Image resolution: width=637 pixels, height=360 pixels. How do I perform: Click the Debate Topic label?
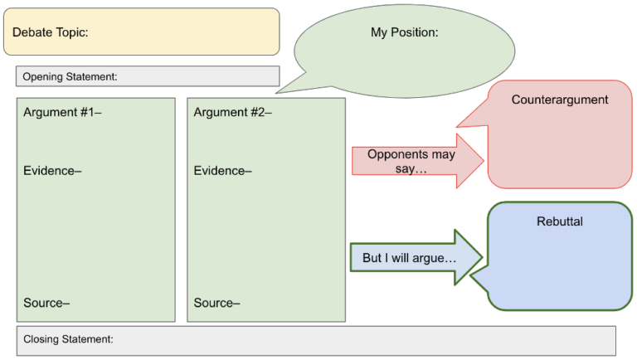[x=50, y=32]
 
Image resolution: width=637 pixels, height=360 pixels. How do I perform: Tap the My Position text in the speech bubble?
[x=404, y=32]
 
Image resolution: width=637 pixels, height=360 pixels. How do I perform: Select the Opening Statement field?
[x=147, y=76]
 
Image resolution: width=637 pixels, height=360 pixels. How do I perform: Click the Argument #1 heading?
[x=62, y=112]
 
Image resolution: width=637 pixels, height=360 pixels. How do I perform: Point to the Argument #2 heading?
[x=233, y=112]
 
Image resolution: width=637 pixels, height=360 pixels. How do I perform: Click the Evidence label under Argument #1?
[x=52, y=171]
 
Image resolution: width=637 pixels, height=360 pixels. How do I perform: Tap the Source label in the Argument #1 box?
[x=46, y=303]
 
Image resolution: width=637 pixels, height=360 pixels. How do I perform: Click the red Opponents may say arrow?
[x=415, y=161]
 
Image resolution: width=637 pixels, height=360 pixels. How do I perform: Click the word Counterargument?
[x=559, y=100]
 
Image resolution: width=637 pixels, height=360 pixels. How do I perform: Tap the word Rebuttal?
[x=559, y=221]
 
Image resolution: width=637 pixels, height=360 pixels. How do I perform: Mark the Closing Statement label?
[x=68, y=339]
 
